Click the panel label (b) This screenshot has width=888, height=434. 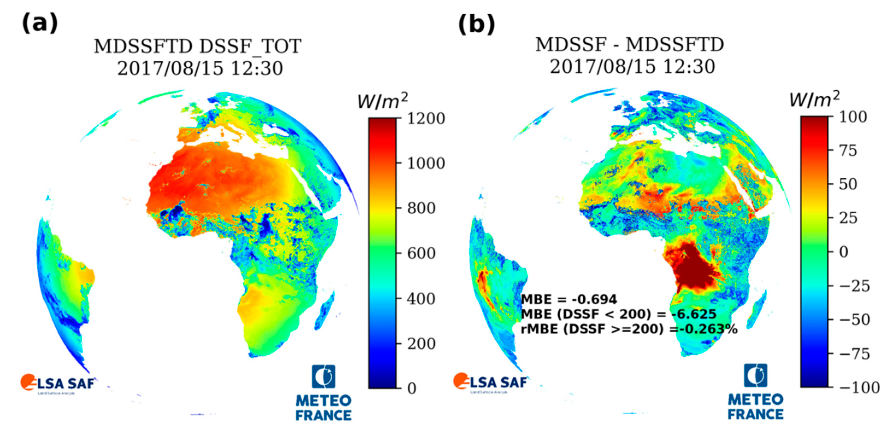click(x=476, y=24)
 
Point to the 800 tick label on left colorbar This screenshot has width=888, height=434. click(x=421, y=208)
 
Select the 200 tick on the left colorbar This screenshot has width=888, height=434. click(x=421, y=344)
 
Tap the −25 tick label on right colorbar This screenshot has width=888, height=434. click(x=854, y=286)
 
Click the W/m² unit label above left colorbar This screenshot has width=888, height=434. click(x=382, y=101)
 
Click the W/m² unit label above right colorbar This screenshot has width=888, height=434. click(x=814, y=100)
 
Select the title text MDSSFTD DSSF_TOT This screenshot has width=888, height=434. click(x=198, y=46)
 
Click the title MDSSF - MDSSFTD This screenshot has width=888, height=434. click(x=629, y=45)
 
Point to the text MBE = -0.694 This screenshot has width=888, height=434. click(x=569, y=299)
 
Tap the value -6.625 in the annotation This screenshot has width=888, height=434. click(x=694, y=314)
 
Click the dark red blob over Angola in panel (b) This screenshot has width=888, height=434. click(x=693, y=271)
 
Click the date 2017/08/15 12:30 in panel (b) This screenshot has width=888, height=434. click(x=632, y=67)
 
